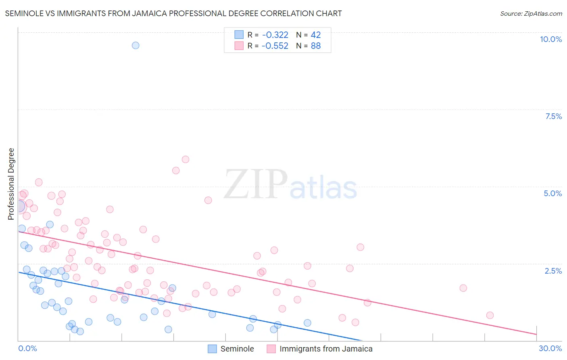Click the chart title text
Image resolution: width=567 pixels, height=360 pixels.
click(173, 13)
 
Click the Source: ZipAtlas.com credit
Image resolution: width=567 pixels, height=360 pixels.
click(531, 13)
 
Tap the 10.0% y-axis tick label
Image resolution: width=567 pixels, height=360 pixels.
click(550, 39)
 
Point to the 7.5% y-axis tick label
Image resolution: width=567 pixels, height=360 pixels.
click(553, 116)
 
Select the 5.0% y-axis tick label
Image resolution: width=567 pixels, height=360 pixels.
click(552, 193)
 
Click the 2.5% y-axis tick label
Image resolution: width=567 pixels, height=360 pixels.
click(553, 271)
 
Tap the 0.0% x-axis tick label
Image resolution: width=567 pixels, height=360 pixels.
click(27, 348)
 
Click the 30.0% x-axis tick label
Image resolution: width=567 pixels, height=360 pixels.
click(550, 348)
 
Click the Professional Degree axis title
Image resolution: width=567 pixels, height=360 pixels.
click(11, 184)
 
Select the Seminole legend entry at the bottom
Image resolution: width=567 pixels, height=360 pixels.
click(237, 349)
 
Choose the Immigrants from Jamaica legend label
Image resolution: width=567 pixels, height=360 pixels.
click(326, 349)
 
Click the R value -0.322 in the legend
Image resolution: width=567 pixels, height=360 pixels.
click(275, 35)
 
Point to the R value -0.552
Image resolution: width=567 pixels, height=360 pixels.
click(275, 46)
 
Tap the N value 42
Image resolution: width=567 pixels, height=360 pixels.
click(316, 35)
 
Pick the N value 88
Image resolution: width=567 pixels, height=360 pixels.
click(316, 46)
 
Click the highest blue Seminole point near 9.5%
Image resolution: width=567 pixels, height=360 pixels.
click(135, 45)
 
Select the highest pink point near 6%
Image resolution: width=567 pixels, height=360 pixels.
click(186, 159)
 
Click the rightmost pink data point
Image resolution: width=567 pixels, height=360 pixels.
click(490, 315)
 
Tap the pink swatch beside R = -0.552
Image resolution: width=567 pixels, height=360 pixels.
click(239, 46)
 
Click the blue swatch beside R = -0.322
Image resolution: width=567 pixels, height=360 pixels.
click(239, 35)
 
